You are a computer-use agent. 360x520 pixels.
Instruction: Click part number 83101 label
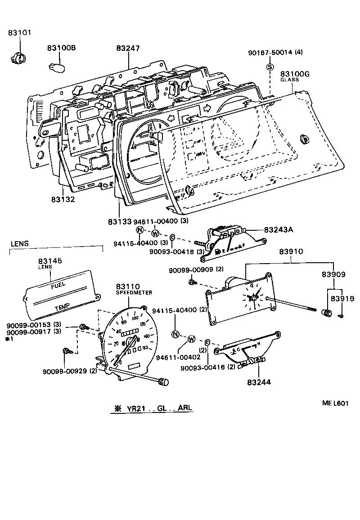(x=20, y=33)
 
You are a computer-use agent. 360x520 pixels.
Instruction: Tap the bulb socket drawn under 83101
(x=18, y=57)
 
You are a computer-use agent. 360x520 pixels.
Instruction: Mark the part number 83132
(x=63, y=199)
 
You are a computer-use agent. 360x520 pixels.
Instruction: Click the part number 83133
(x=119, y=222)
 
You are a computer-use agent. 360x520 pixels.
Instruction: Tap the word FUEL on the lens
(x=58, y=286)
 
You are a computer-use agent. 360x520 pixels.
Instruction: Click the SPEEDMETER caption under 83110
(x=134, y=292)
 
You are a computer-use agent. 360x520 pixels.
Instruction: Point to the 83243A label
(x=278, y=229)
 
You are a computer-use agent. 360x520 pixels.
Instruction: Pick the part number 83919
(x=342, y=298)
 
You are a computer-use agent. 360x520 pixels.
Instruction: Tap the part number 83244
(x=259, y=382)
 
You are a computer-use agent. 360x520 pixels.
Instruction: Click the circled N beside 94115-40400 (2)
(x=175, y=334)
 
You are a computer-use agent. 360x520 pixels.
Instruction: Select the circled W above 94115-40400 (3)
(x=155, y=233)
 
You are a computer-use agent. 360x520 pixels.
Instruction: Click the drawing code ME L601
(x=335, y=403)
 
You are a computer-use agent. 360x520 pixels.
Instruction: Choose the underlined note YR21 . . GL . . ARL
(x=153, y=408)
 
